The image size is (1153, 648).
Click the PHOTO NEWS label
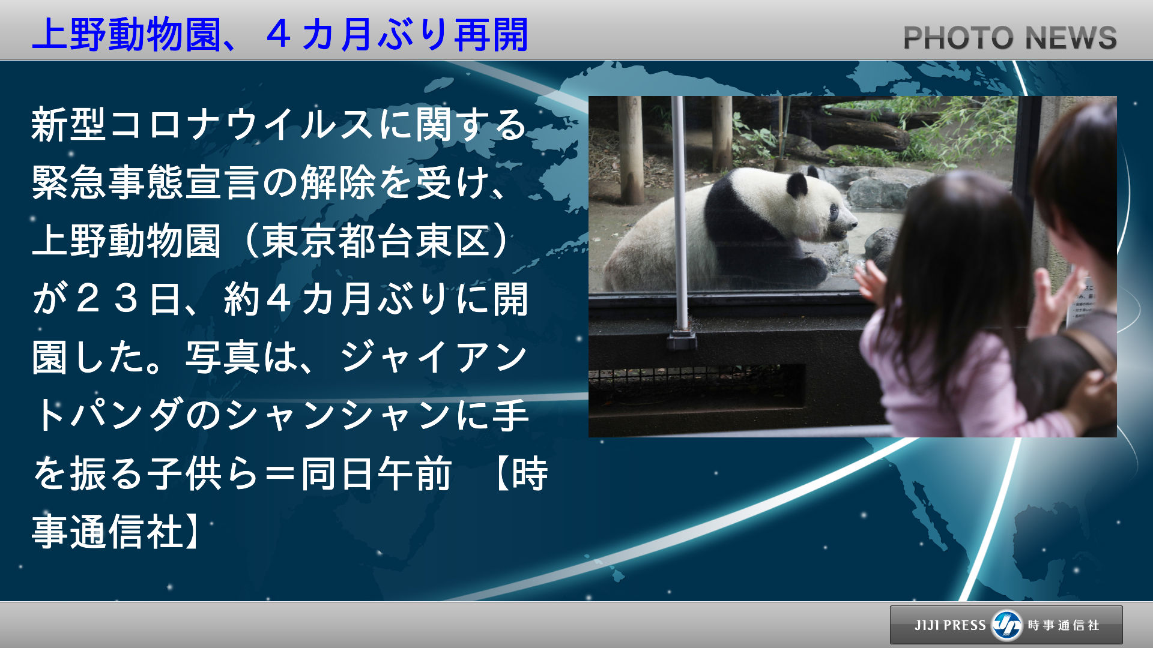click(1010, 38)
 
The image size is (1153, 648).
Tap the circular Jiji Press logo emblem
click(1007, 625)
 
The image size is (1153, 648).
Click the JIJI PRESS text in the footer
click(950, 625)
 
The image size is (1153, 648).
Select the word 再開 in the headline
click(491, 35)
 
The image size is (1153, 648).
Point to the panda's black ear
click(797, 184)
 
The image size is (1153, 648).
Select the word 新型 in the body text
click(69, 124)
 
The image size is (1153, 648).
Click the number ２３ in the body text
click(108, 299)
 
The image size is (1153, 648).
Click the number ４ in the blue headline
click(279, 35)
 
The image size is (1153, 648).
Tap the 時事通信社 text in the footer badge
click(1064, 625)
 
